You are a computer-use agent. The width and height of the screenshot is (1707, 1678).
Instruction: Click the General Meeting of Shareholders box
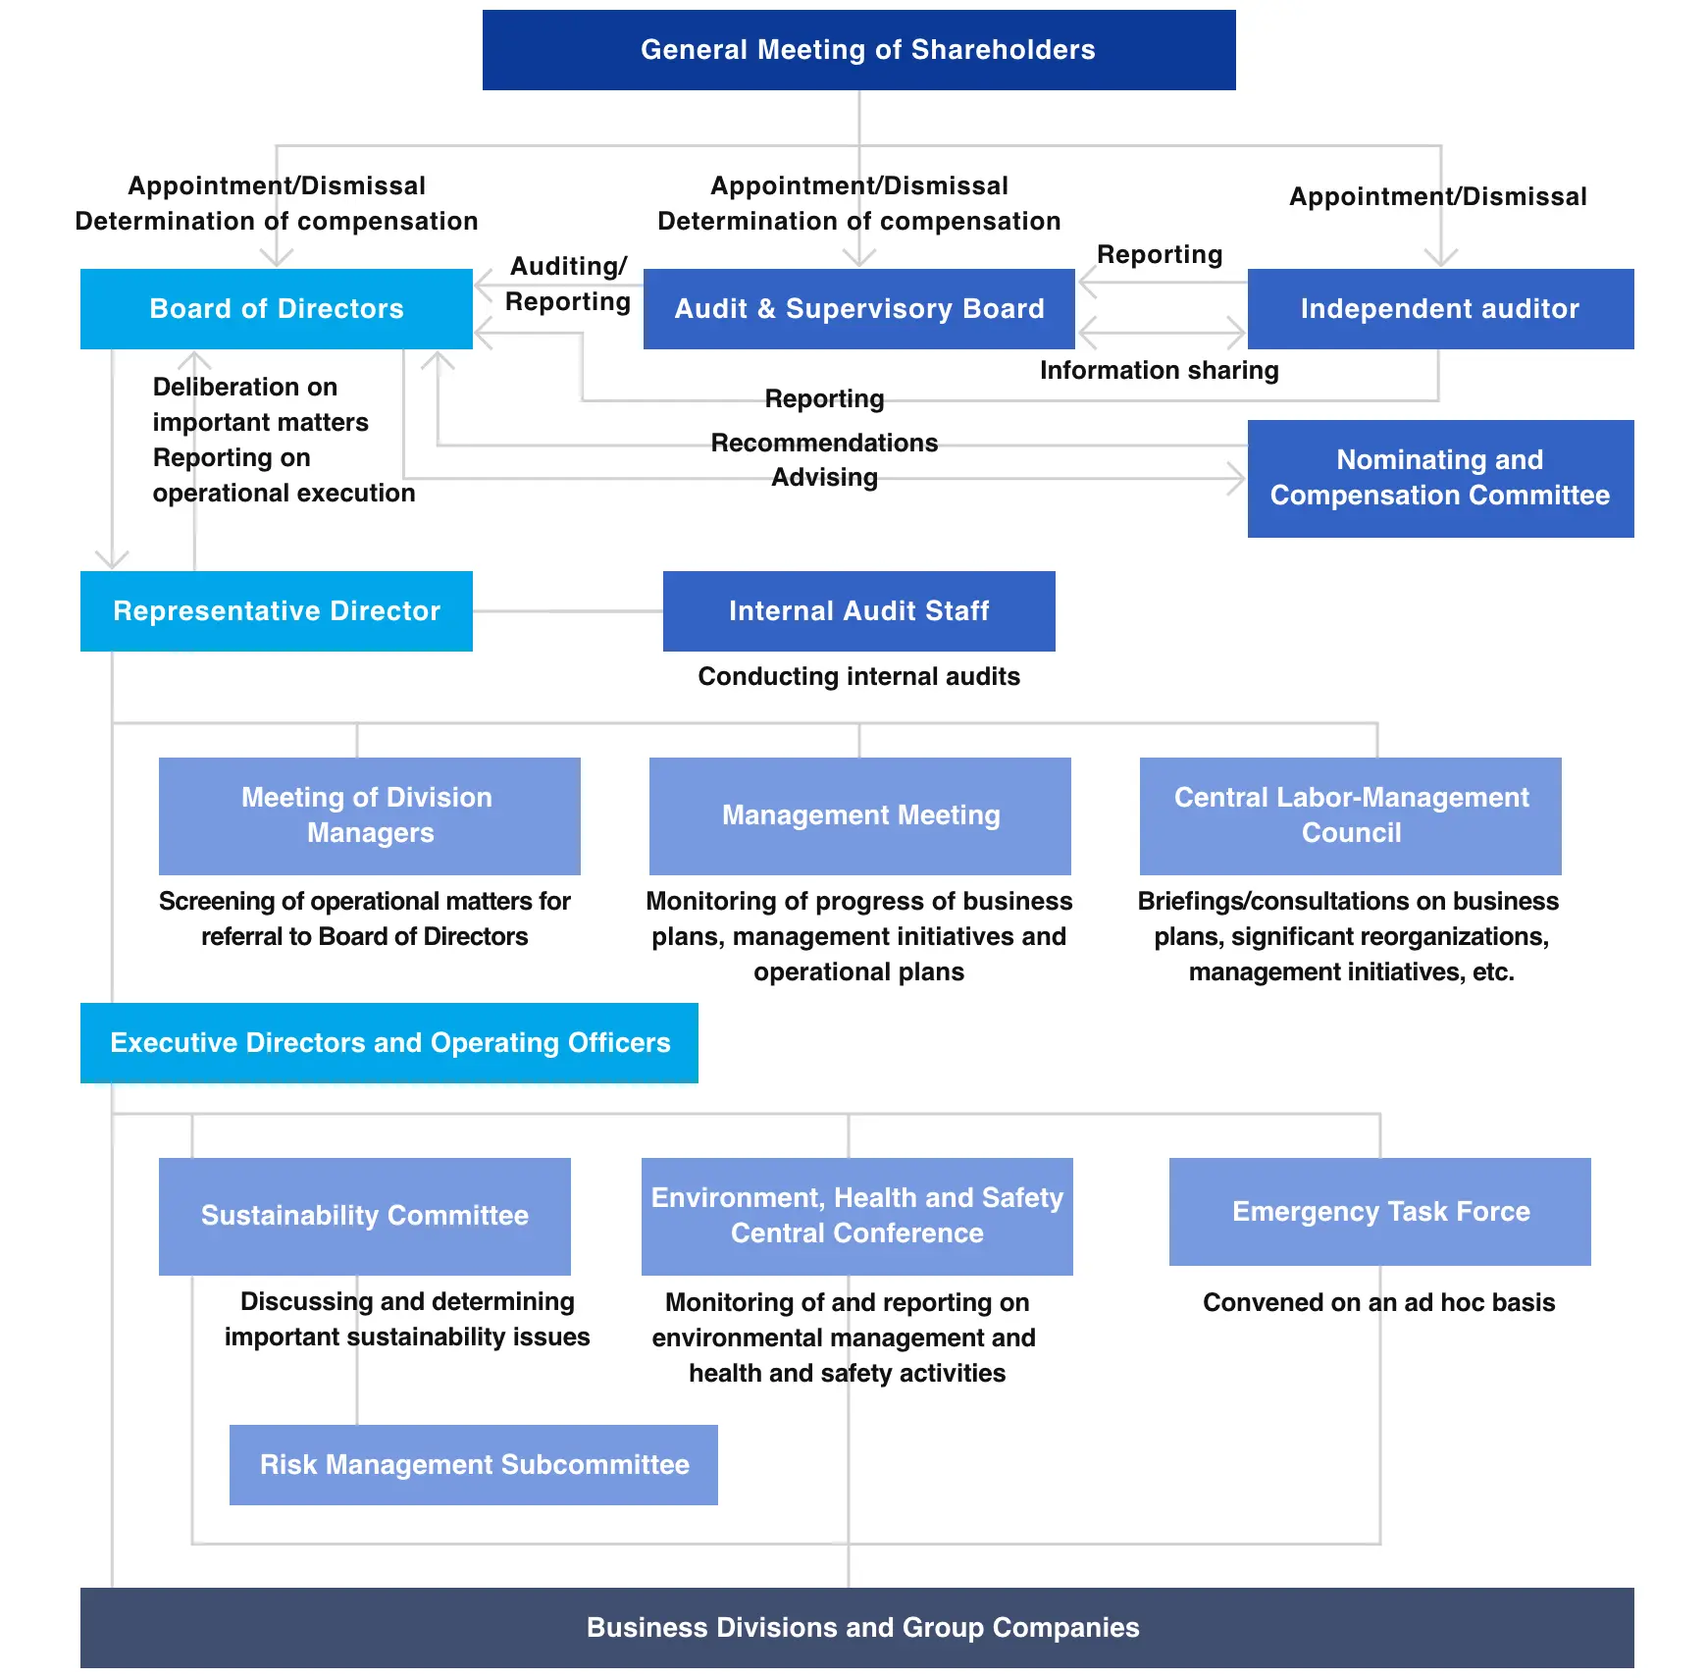click(x=858, y=50)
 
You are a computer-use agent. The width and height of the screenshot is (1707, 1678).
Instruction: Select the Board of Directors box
click(x=277, y=309)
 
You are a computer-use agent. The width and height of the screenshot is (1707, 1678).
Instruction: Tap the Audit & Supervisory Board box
click(x=859, y=309)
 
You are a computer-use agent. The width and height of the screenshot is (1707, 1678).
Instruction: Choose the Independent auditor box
click(x=1440, y=309)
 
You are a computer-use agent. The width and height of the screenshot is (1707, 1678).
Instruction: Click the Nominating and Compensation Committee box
click(x=1440, y=479)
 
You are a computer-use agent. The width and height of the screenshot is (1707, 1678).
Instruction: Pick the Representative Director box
click(x=277, y=611)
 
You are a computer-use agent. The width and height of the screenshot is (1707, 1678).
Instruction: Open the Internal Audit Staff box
click(x=859, y=611)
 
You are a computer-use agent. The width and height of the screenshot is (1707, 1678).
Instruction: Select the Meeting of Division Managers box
click(x=370, y=815)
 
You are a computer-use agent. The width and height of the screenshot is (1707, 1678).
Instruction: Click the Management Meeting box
click(x=860, y=815)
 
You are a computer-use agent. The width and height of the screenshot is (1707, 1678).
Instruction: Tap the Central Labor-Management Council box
click(x=1351, y=815)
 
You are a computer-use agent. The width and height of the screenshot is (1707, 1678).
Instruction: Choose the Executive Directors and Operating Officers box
click(x=389, y=1043)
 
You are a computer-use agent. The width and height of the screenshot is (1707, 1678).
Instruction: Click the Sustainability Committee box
click(x=365, y=1216)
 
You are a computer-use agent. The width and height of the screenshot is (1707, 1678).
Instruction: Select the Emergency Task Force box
click(x=1380, y=1212)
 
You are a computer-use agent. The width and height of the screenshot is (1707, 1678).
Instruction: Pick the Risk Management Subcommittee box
click(x=474, y=1465)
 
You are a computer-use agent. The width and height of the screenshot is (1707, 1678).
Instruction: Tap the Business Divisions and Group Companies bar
click(x=857, y=1628)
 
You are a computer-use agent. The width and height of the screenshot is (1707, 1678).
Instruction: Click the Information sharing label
click(x=1160, y=370)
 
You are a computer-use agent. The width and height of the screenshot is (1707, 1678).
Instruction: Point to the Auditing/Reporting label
click(x=568, y=284)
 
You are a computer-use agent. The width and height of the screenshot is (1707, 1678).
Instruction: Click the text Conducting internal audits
click(x=859, y=676)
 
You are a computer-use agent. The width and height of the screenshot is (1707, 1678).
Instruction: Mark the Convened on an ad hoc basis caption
click(x=1379, y=1302)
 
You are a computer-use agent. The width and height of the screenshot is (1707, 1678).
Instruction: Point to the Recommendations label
click(x=824, y=443)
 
